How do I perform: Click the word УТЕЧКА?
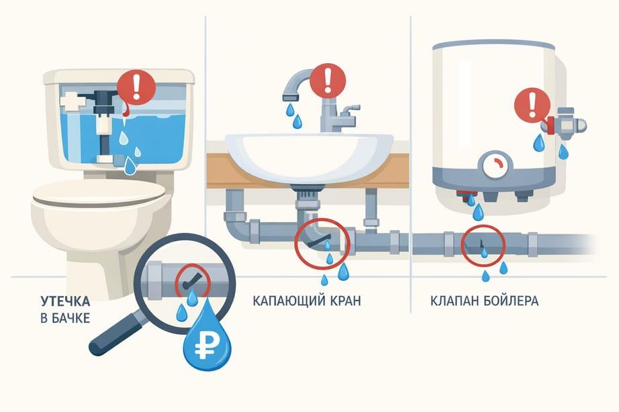65,301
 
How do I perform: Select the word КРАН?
345,301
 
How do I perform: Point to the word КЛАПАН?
454,301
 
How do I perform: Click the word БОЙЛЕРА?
510,301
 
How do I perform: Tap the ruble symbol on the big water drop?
203,346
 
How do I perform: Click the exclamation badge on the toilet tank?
136,88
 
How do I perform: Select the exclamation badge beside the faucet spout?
328,81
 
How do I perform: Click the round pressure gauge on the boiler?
495,166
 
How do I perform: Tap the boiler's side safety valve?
565,124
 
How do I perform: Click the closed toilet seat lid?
99,193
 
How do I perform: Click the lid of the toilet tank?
119,76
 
